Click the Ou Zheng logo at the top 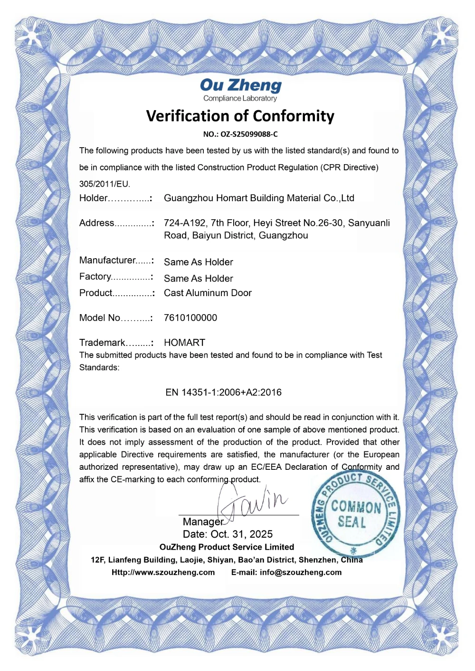[x=240, y=85]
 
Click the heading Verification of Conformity [x=240, y=116]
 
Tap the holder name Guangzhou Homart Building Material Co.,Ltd [x=259, y=198]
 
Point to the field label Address [x=97, y=223]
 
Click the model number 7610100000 [x=190, y=318]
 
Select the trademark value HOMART [x=184, y=343]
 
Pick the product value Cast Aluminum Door [x=208, y=293]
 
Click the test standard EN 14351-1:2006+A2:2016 [x=223, y=392]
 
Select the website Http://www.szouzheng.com [x=163, y=572]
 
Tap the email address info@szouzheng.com [x=301, y=572]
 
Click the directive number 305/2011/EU [x=104, y=184]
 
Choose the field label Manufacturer [x=108, y=261]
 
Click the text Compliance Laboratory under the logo [x=240, y=99]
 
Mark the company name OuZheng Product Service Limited [x=227, y=547]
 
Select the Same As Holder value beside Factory [x=199, y=279]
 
